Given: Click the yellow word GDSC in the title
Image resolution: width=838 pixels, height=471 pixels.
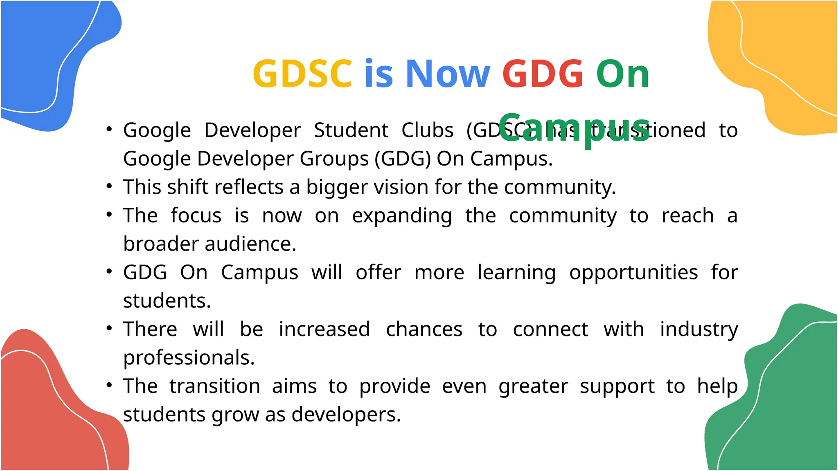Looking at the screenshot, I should pyautogui.click(x=302, y=74).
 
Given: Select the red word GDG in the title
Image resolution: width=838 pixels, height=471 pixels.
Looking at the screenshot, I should pyautogui.click(x=543, y=74).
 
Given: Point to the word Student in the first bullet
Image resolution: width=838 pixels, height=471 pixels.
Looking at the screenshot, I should pyautogui.click(x=351, y=130).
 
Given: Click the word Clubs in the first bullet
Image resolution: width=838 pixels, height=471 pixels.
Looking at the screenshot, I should pyautogui.click(x=427, y=130).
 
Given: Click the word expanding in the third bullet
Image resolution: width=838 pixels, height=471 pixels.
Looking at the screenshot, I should pyautogui.click(x=402, y=216).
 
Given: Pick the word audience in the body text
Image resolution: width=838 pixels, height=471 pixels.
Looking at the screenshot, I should pyautogui.click(x=250, y=244).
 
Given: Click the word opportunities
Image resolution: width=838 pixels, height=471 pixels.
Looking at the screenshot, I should pyautogui.click(x=633, y=273).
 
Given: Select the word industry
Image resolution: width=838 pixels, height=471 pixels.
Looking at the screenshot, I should pyautogui.click(x=699, y=330).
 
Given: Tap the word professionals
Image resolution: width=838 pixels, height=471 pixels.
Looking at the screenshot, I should pyautogui.click(x=189, y=358).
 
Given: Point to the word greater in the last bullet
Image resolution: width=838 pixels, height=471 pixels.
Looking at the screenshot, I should pyautogui.click(x=533, y=386).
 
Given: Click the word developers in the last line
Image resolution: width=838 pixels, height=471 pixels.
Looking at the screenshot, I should pyautogui.click(x=346, y=415).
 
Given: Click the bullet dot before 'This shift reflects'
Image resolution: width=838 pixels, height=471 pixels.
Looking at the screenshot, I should pyautogui.click(x=109, y=186).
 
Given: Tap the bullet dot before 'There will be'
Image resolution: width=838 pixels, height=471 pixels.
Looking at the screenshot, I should pyautogui.click(x=109, y=328).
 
